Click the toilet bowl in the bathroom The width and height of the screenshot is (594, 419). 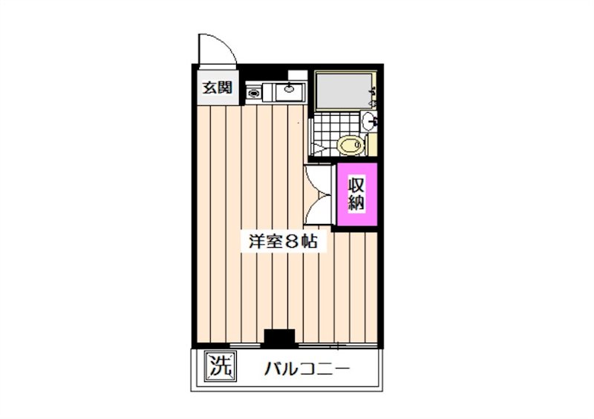click(x=350, y=144)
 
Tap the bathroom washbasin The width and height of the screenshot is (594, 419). click(x=369, y=121)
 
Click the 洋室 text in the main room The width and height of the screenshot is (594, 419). click(x=263, y=243)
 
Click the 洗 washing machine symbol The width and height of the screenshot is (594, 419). click(x=218, y=365)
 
